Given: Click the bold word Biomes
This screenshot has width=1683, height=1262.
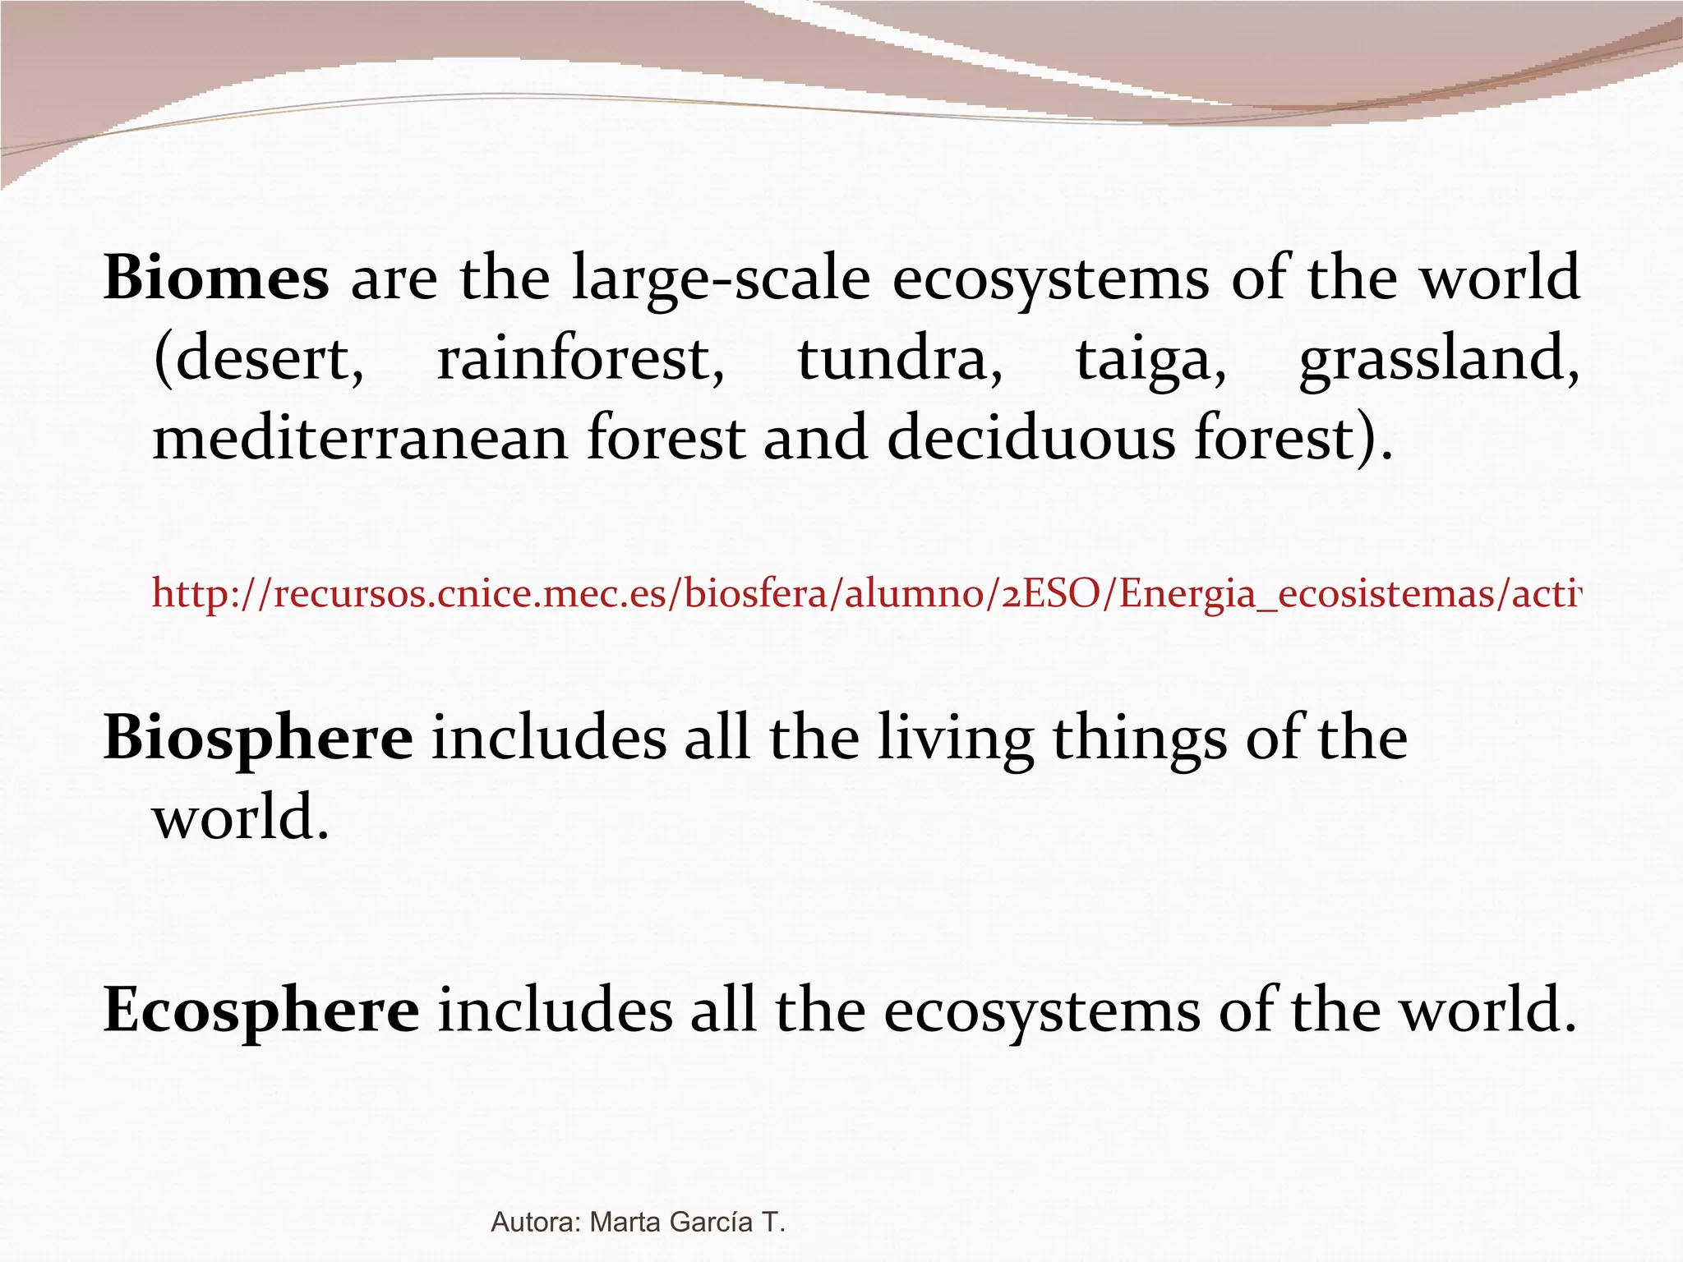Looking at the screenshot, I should tap(216, 278).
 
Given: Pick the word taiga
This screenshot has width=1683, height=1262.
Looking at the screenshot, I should tap(1150, 362).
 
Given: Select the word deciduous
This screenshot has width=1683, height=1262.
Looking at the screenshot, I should tap(1031, 437).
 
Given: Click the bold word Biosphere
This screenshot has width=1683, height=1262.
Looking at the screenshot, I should tap(258, 738).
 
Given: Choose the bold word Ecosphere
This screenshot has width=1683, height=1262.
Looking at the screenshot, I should tap(261, 1011).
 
